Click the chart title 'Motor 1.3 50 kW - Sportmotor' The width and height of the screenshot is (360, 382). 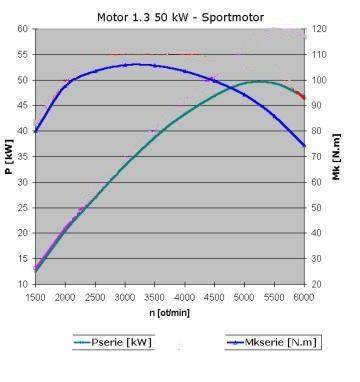pyautogui.click(x=180, y=17)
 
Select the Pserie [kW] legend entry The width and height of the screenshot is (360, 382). pyautogui.click(x=113, y=342)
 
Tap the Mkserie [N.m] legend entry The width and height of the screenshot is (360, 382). pyautogui.click(x=273, y=342)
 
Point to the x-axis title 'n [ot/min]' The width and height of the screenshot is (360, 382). pyautogui.click(x=170, y=313)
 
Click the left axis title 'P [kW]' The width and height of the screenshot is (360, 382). pyautogui.click(x=9, y=156)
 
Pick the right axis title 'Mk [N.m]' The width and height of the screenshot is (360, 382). pyautogui.click(x=337, y=157)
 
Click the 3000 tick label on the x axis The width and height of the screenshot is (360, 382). pyautogui.click(x=125, y=297)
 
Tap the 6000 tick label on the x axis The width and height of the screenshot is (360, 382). pyautogui.click(x=304, y=297)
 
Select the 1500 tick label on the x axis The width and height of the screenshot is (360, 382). pyautogui.click(x=36, y=297)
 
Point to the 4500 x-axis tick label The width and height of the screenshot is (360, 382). pyautogui.click(x=214, y=297)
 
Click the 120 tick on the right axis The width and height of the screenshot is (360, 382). pyautogui.click(x=319, y=29)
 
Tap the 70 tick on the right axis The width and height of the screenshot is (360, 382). pyautogui.click(x=317, y=156)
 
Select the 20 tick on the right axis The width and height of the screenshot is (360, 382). pyautogui.click(x=317, y=284)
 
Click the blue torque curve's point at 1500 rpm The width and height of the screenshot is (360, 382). pyautogui.click(x=36, y=131)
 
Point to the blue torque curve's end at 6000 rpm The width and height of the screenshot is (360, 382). pyautogui.click(x=304, y=146)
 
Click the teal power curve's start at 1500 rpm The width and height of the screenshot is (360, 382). pyautogui.click(x=36, y=271)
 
